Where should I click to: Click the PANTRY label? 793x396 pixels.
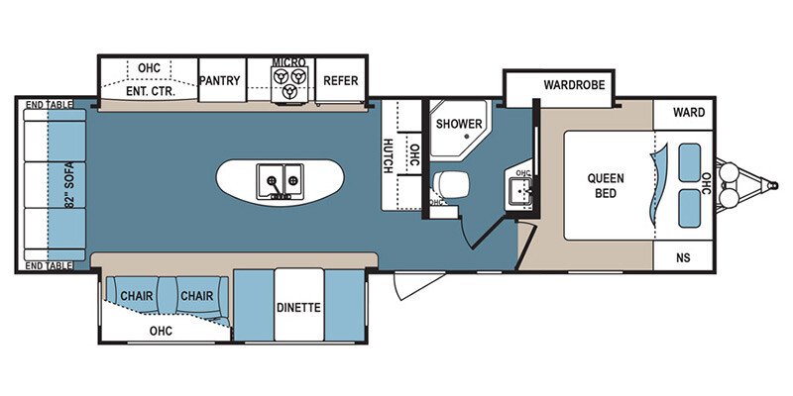click(x=219, y=81)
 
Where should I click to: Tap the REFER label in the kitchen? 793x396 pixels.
click(x=340, y=81)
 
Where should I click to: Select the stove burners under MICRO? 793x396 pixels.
click(x=289, y=83)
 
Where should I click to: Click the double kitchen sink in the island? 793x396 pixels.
click(x=280, y=181)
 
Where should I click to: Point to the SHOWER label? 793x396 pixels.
click(x=459, y=124)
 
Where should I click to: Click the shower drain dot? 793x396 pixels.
click(x=466, y=137)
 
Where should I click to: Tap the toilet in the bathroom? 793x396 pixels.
click(x=452, y=184)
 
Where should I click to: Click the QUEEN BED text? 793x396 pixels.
click(x=606, y=185)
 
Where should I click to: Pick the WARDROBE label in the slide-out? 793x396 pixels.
click(x=574, y=85)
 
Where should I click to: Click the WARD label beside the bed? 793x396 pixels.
click(x=689, y=112)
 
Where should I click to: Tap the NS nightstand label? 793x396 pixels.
click(x=683, y=257)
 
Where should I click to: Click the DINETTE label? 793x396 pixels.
click(x=298, y=307)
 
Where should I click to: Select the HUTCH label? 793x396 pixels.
click(x=388, y=155)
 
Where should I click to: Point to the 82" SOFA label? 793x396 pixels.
click(x=68, y=185)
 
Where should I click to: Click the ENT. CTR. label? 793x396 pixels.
click(x=151, y=92)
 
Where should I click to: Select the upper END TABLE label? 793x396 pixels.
click(x=49, y=104)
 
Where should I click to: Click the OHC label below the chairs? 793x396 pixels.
click(x=161, y=331)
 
